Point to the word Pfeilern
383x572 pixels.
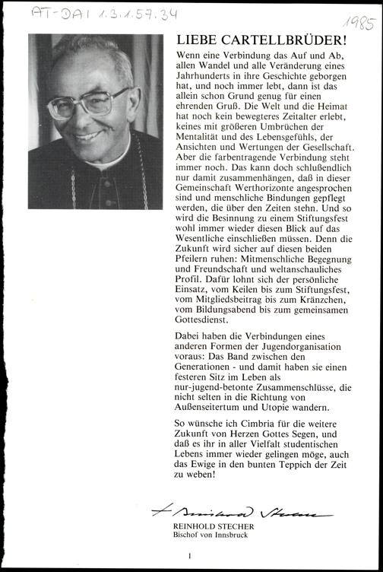pos(196,292)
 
